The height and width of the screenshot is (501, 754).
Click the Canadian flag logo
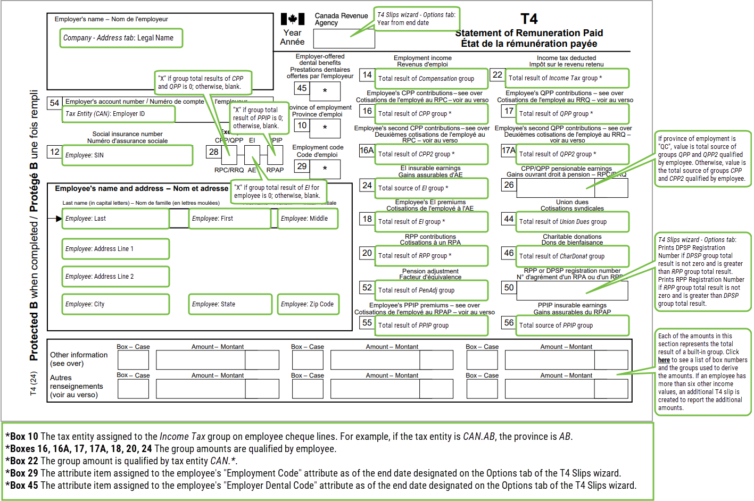(x=293, y=20)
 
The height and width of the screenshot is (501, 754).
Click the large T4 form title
(x=528, y=19)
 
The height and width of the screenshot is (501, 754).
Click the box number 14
(x=367, y=75)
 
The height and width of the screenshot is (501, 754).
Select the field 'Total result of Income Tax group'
(x=567, y=78)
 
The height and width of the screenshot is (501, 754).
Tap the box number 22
(x=497, y=75)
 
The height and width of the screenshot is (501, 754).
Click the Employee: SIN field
(x=127, y=155)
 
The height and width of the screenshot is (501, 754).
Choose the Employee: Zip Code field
(x=307, y=304)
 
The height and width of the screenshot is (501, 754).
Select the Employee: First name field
(x=230, y=219)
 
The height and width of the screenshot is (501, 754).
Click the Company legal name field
(x=121, y=38)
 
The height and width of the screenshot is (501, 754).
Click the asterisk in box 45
(x=325, y=91)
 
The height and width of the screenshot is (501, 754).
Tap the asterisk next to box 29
(x=325, y=169)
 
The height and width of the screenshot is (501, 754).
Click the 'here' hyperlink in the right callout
(x=664, y=360)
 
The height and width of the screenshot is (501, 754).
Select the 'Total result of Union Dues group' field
(x=572, y=222)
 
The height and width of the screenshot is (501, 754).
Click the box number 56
(x=509, y=323)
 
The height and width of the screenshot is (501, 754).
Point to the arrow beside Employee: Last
(x=58, y=219)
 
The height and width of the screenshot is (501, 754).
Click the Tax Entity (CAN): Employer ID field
(x=119, y=114)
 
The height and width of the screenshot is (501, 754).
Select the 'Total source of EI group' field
(x=432, y=188)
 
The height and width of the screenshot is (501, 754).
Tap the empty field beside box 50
(x=572, y=290)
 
